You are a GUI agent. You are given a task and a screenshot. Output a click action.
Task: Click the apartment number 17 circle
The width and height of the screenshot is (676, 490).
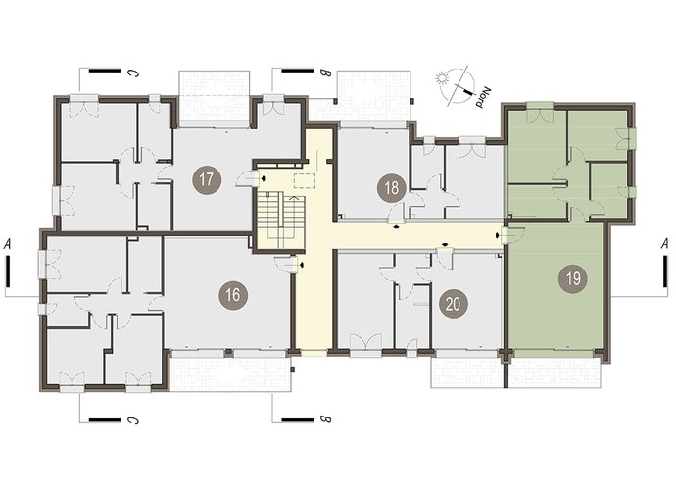pyautogui.click(x=207, y=179)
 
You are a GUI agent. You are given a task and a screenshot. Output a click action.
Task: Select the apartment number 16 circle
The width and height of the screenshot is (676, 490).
pyautogui.click(x=233, y=295)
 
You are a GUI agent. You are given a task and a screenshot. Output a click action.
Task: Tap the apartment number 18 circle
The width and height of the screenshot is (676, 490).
pyautogui.click(x=392, y=188)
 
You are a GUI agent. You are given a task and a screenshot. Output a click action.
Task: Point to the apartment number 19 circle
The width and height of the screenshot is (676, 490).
pyautogui.click(x=573, y=279)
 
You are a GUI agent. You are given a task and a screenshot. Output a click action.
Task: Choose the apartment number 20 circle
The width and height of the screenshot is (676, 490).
pyautogui.click(x=453, y=304)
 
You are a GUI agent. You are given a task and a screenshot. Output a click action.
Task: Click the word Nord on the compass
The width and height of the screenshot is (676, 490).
pyautogui.click(x=483, y=97)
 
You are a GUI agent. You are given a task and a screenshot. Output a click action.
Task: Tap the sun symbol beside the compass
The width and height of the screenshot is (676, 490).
pyautogui.click(x=441, y=79)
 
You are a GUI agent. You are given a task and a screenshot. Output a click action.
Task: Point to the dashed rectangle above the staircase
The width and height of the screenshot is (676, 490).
pyautogui.click(x=305, y=180)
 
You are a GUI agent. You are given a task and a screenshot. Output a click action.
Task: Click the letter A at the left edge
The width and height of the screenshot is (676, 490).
pyautogui.click(x=7, y=245)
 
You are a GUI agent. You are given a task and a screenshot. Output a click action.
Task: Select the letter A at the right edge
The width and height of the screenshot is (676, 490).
pyautogui.click(x=665, y=244)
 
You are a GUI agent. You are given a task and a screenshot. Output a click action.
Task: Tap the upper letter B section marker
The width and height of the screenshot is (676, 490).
pyautogui.click(x=325, y=73)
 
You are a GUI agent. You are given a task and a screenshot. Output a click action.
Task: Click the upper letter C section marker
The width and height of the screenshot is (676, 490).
pyautogui.click(x=133, y=73)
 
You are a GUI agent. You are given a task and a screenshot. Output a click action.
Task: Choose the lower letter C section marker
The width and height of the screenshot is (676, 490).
pyautogui.click(x=133, y=419)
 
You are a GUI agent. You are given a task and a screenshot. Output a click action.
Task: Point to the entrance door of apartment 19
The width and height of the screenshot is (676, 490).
pyautogui.click(x=514, y=235)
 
